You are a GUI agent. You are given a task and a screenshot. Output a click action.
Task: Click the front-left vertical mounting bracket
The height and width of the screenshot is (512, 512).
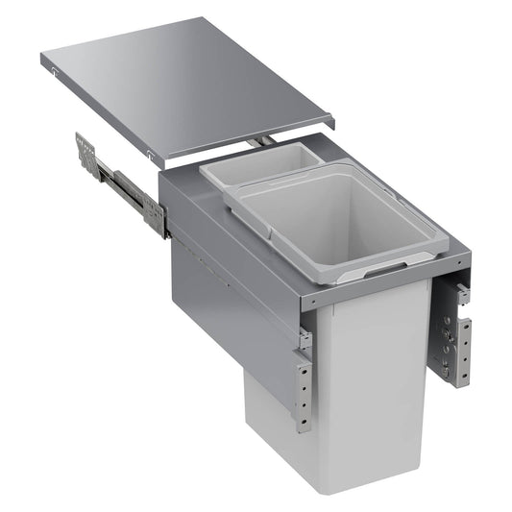pos(304,389)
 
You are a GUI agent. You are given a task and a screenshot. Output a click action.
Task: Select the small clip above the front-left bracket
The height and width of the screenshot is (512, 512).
pos(305,338)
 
